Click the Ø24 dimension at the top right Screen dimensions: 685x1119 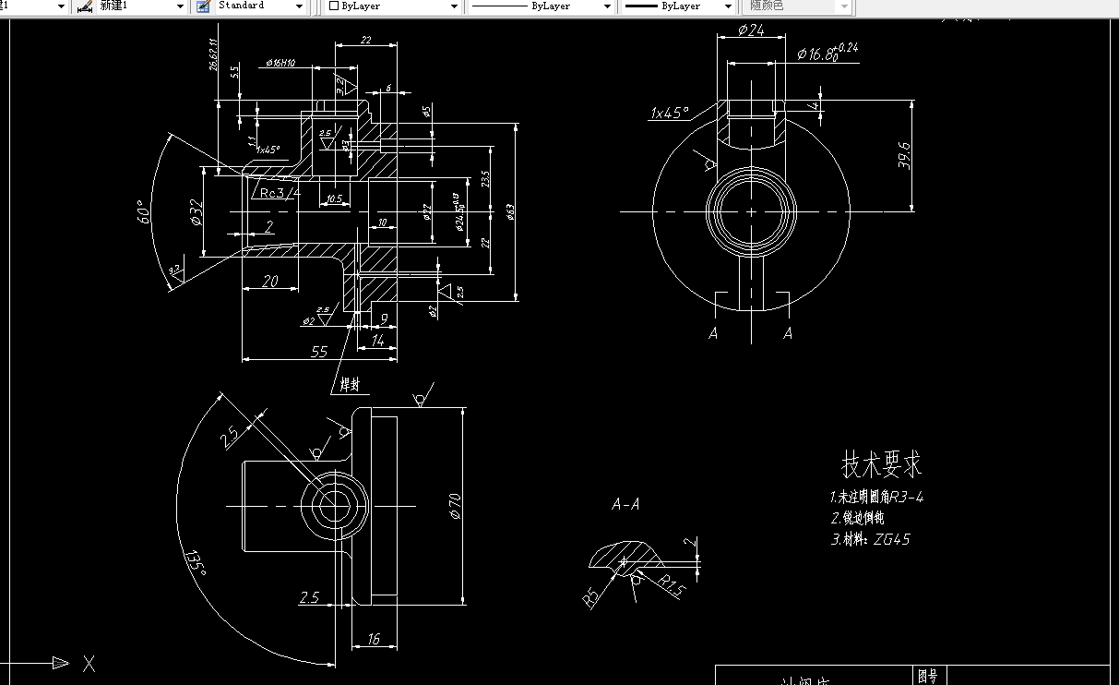click(752, 30)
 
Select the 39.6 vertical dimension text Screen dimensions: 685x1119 click(904, 155)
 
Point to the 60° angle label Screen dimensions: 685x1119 click(141, 215)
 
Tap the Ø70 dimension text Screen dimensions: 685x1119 click(454, 505)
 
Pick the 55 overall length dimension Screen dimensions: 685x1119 click(319, 351)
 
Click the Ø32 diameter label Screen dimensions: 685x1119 click(196, 212)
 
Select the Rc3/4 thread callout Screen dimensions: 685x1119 click(280, 193)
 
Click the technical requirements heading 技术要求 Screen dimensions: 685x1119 click(881, 463)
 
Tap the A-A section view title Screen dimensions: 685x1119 click(625, 504)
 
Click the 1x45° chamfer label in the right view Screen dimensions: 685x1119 click(670, 114)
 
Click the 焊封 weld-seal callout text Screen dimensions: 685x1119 click(351, 384)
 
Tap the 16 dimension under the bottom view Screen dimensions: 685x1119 click(374, 638)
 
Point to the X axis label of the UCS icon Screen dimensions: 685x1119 click(89, 663)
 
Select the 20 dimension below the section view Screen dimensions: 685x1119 click(269, 282)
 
